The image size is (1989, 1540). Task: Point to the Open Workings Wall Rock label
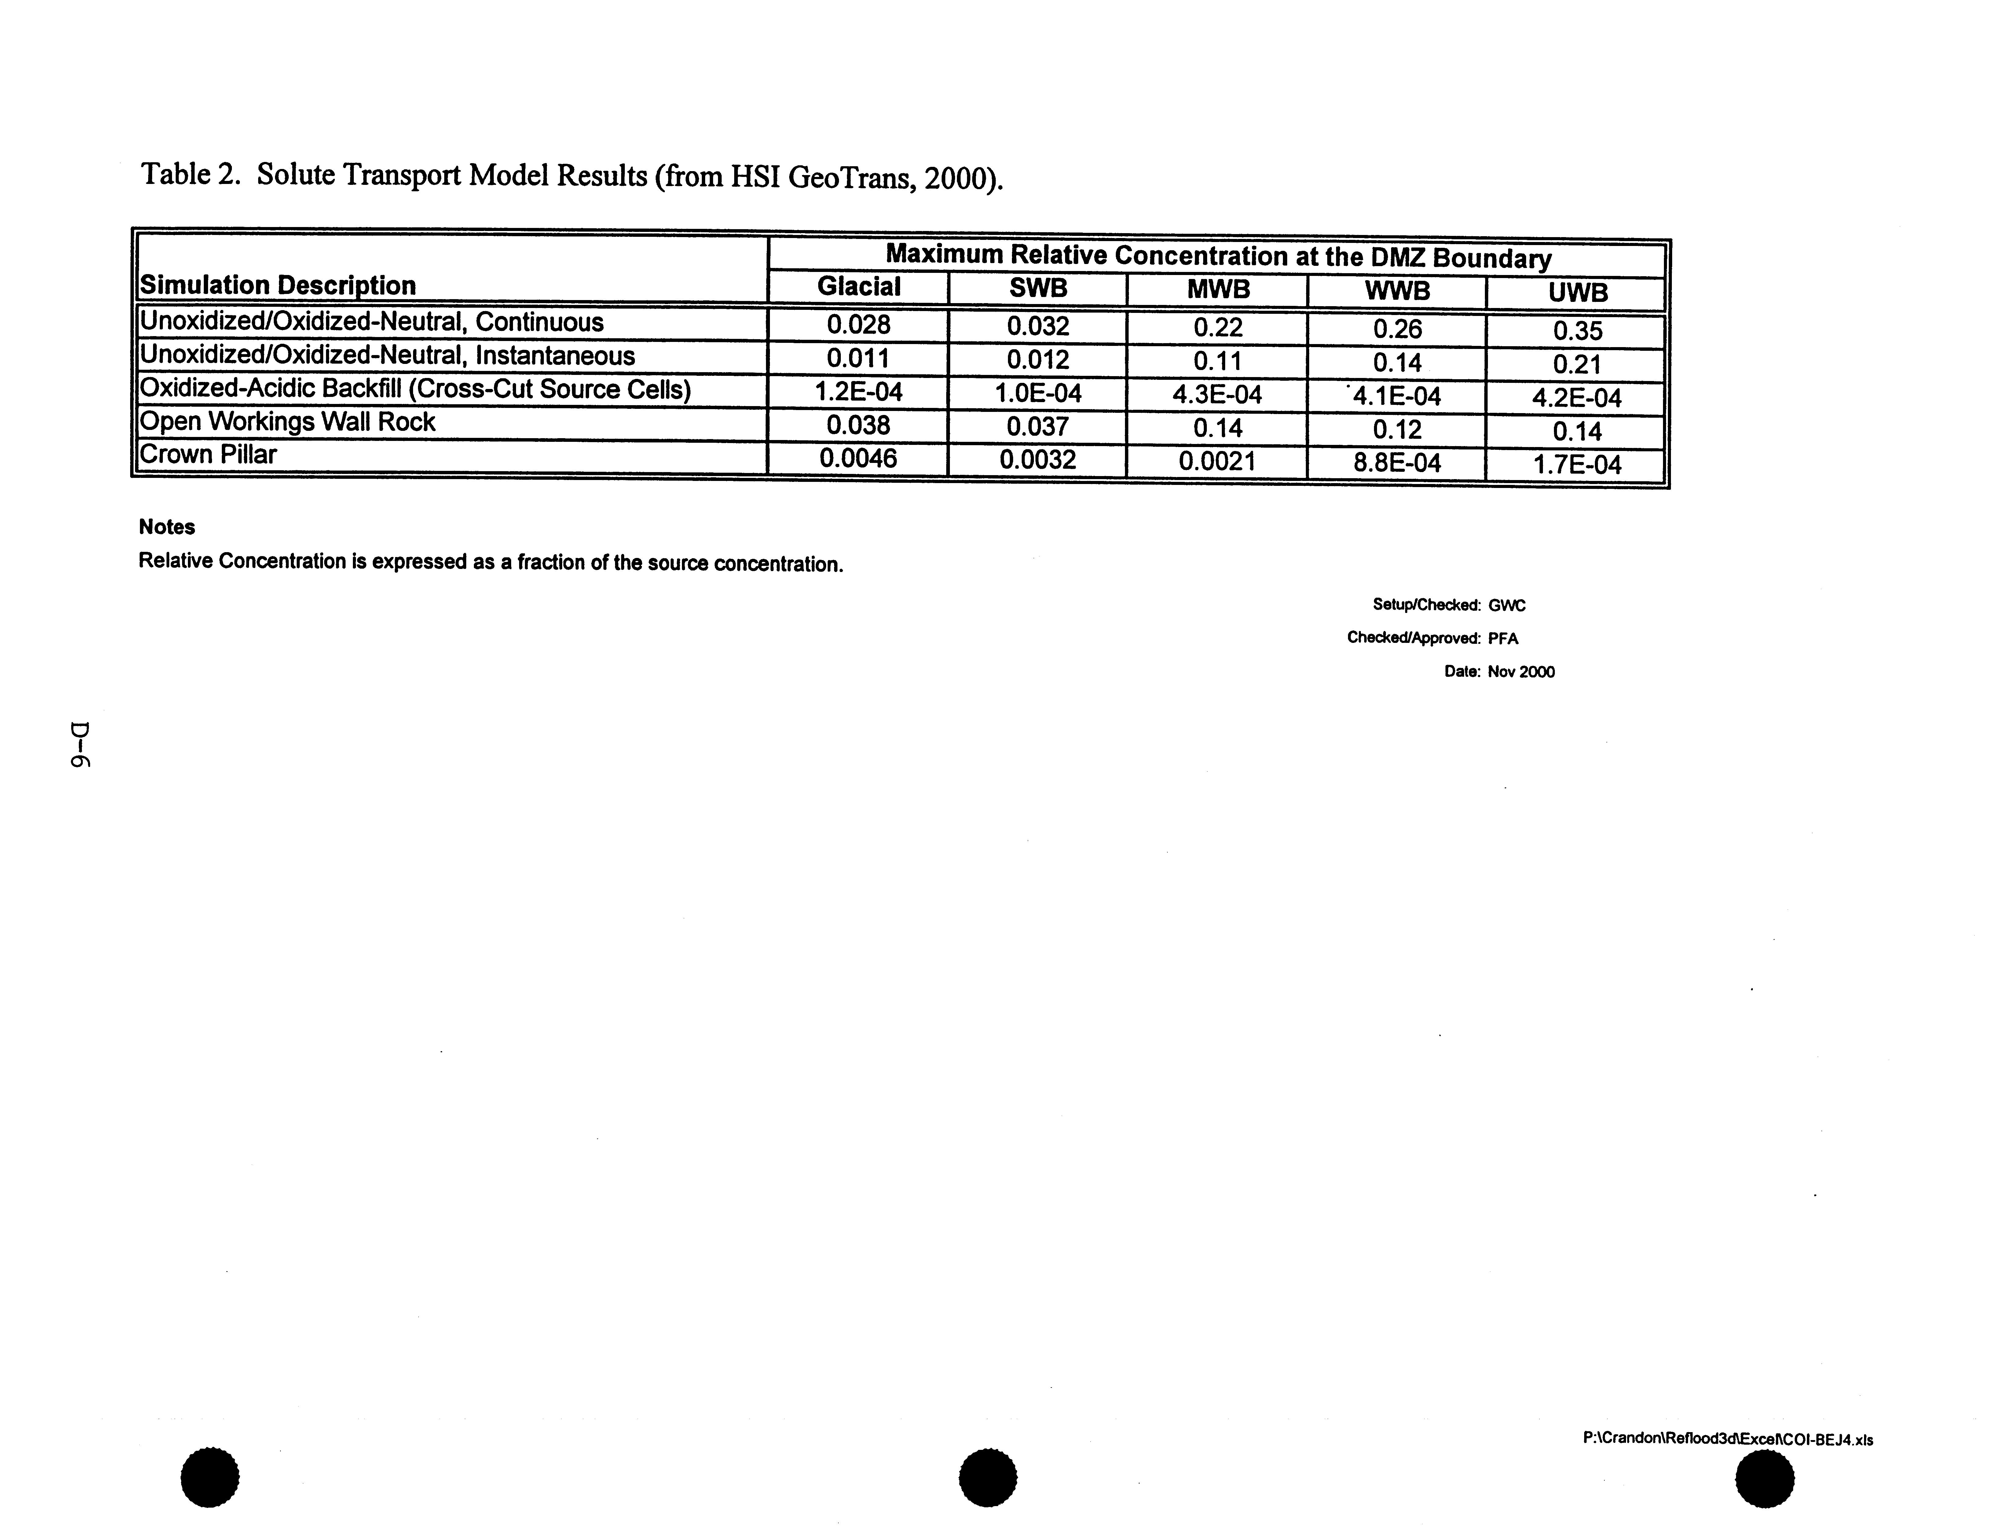pos(287,422)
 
